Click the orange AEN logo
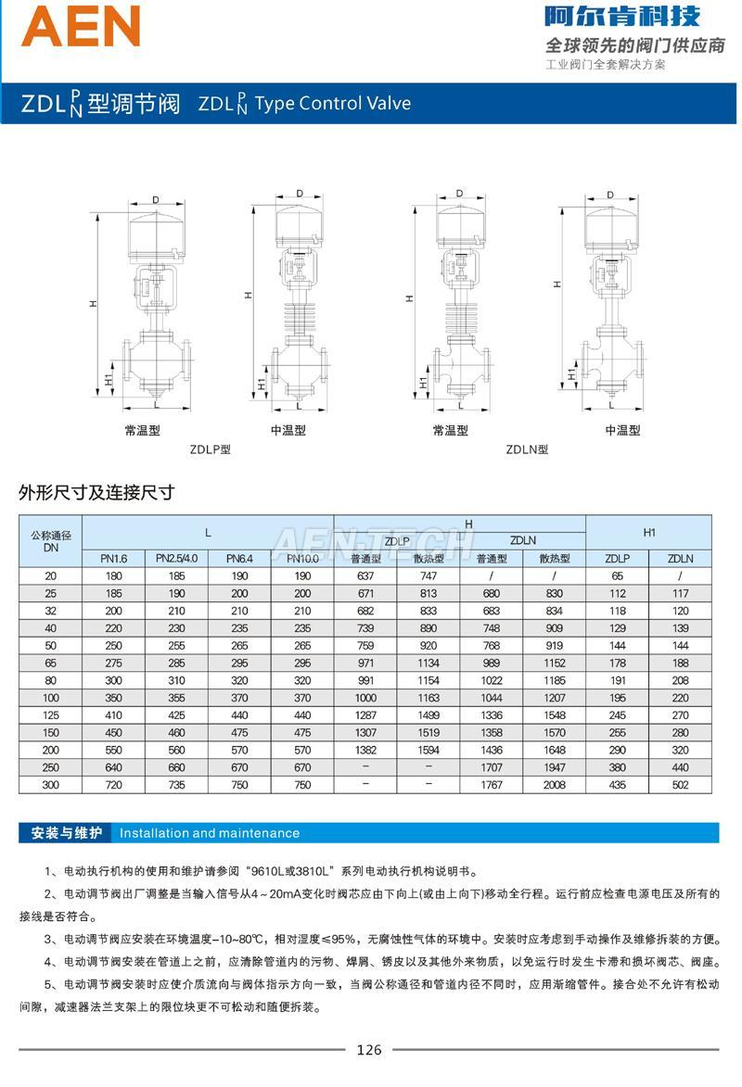pos(82,26)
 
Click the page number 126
pos(368,1050)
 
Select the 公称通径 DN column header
pos(51,541)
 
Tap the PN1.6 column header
pos(114,559)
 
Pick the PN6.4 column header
pos(239,559)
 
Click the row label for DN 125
pos(51,715)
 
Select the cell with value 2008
pos(555,785)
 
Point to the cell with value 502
pos(680,785)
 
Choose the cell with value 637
pos(365,576)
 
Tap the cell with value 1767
pos(492,785)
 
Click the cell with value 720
pos(114,785)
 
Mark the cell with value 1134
pos(429,664)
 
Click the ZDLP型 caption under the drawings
pos(211,450)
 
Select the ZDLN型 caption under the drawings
pos(527,450)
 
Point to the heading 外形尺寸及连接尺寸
pos(96,493)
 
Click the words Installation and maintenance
pos(210,833)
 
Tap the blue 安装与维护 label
pos(67,833)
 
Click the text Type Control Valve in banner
pos(332,103)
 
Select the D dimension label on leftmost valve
pos(156,200)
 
